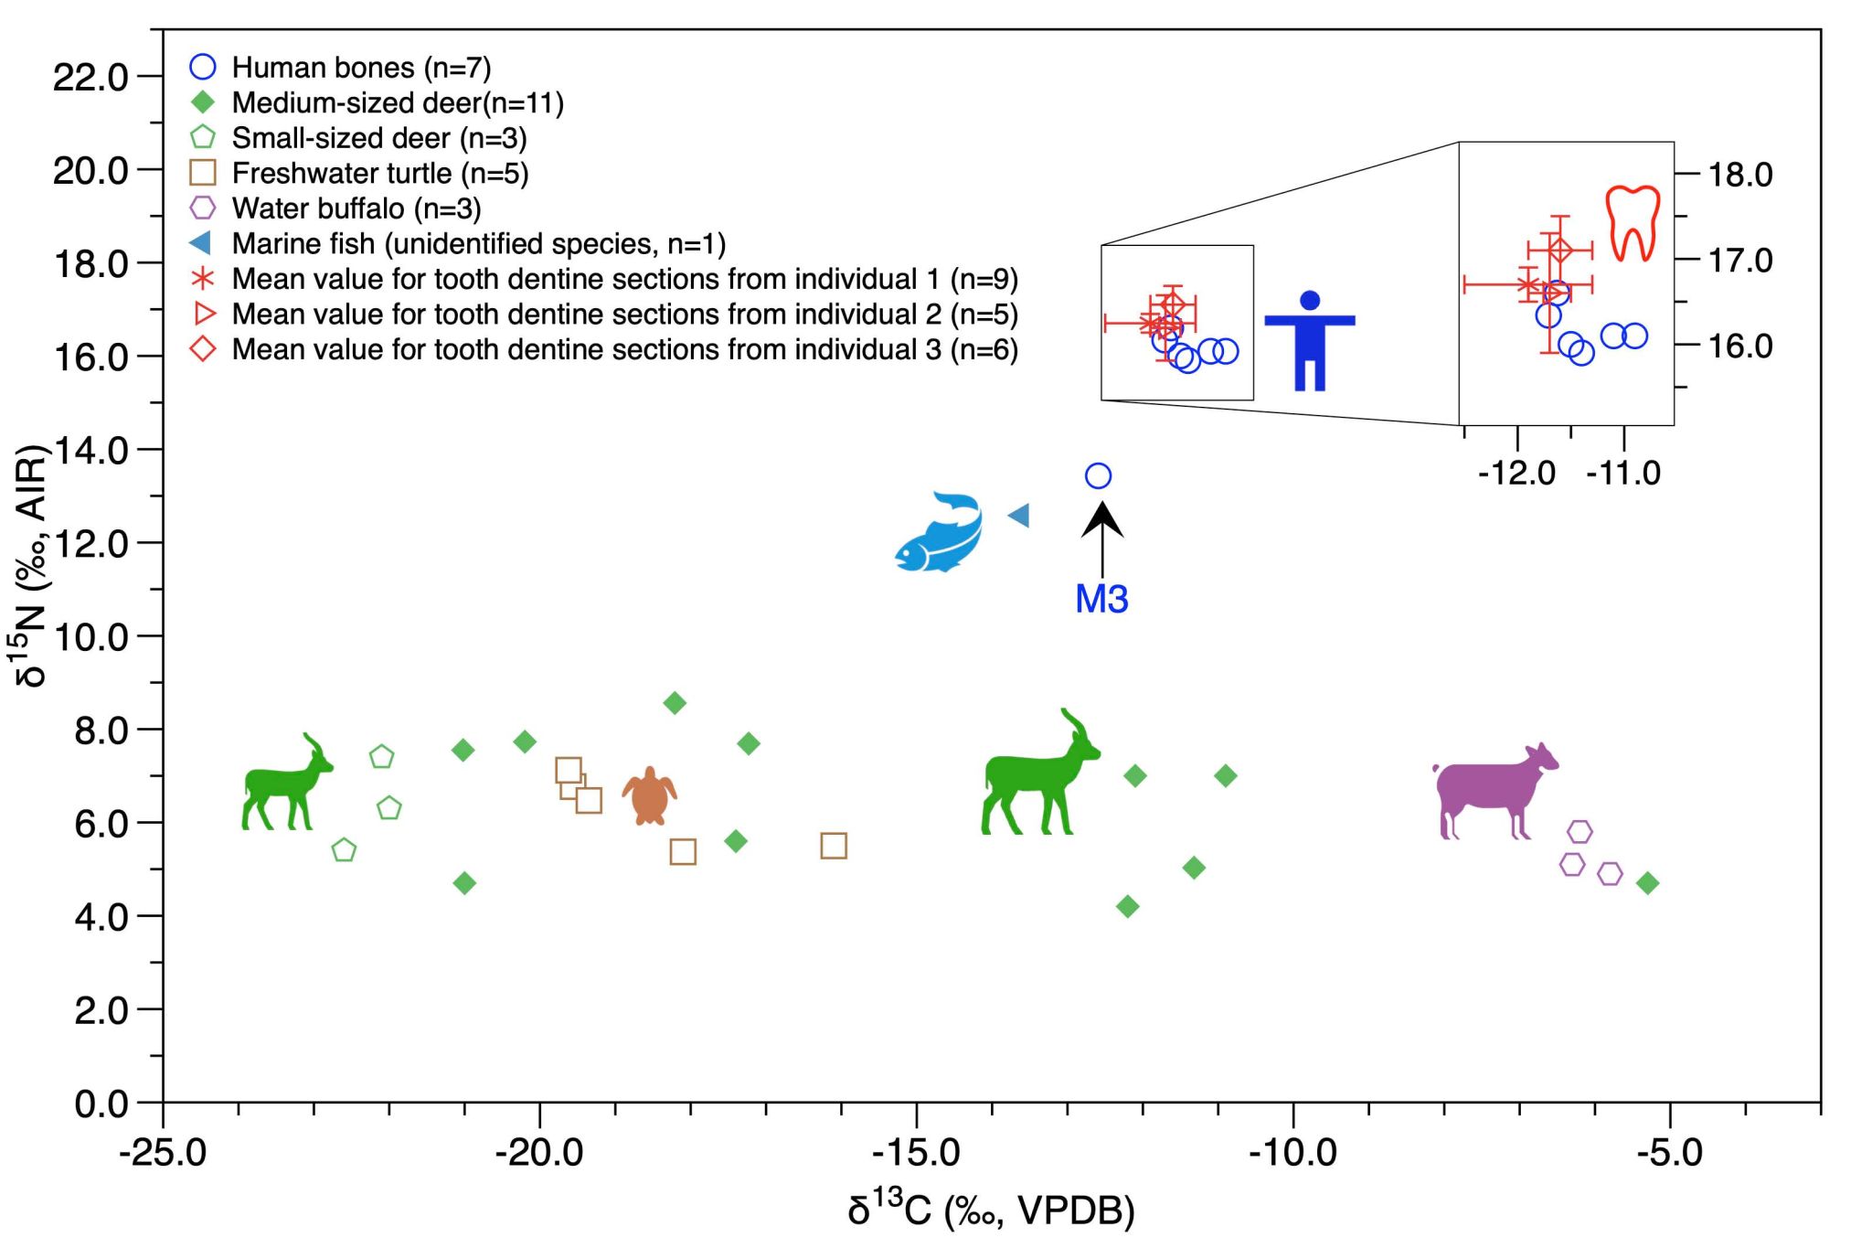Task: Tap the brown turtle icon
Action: coord(649,796)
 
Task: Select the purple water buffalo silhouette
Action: coord(1492,792)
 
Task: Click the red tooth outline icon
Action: coord(1633,223)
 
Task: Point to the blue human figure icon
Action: coord(1309,340)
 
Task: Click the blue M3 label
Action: coord(1101,599)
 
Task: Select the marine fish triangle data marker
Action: coord(1019,516)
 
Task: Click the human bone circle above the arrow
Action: coord(1098,475)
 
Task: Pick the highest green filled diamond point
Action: coord(675,703)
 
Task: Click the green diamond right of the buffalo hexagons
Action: coord(1647,883)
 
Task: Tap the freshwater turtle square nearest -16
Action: coord(833,846)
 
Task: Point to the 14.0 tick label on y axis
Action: coord(91,450)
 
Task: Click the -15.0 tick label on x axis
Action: coord(916,1152)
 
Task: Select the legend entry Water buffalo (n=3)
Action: coord(356,208)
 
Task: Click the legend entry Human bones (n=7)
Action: coord(361,68)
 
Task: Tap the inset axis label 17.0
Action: coord(1739,261)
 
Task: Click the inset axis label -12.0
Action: coord(1516,473)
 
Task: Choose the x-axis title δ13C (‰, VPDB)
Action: coord(991,1211)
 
